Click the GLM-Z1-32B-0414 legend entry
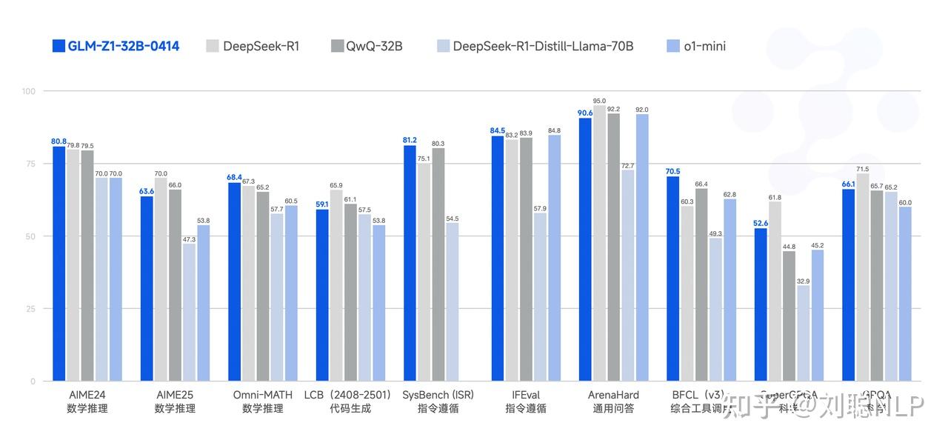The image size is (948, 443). [116, 46]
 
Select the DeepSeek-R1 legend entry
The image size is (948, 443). [252, 46]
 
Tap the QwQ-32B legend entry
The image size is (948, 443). [367, 46]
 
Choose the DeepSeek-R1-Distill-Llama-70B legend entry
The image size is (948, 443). [533, 46]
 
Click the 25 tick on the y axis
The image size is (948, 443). [30, 309]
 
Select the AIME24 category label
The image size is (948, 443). [87, 395]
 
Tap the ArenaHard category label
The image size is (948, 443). [613, 395]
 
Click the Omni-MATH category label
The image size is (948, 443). [262, 395]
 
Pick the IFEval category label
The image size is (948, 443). [526, 395]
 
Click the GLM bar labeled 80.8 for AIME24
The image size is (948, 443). [59, 264]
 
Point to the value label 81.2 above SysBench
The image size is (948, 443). [410, 140]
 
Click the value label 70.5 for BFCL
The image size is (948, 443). [672, 171]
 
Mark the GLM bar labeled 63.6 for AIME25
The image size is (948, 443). [147, 289]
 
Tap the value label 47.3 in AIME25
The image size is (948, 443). [189, 239]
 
